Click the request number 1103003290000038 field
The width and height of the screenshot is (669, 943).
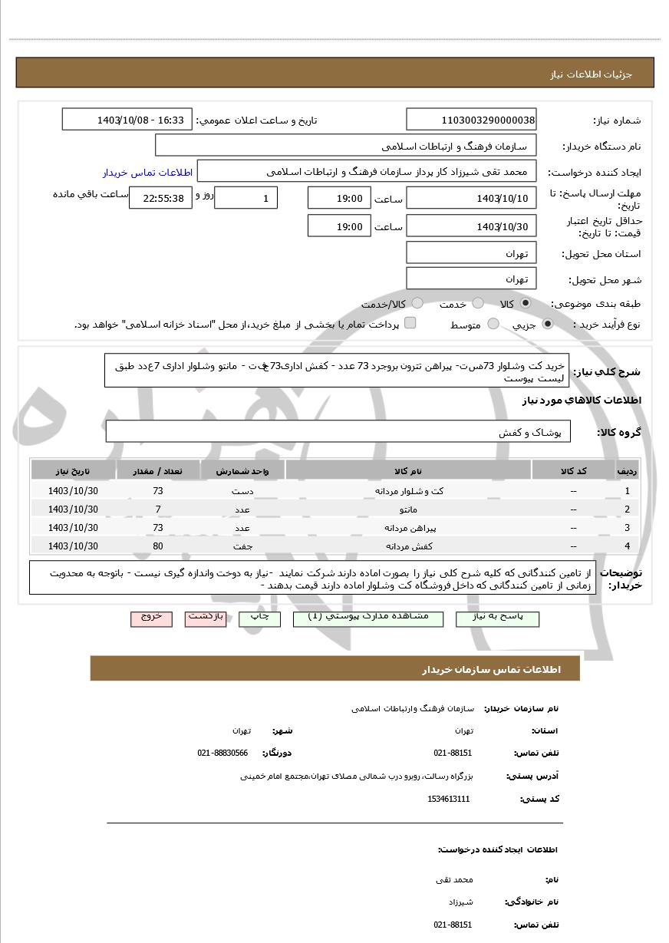pyautogui.click(x=471, y=120)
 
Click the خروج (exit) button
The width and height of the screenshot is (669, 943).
pyautogui.click(x=151, y=618)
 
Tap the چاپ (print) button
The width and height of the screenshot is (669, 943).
pyautogui.click(x=260, y=618)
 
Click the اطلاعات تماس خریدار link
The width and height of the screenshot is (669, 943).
pyautogui.click(x=147, y=173)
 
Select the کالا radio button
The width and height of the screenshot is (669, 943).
pyautogui.click(x=525, y=304)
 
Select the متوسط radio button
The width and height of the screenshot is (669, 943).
pyautogui.click(x=493, y=325)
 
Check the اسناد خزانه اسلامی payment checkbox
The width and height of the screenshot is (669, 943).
pyautogui.click(x=410, y=323)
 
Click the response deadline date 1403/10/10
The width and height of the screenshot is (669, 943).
pyautogui.click(x=471, y=199)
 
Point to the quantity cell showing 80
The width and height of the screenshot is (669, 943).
pyautogui.click(x=158, y=546)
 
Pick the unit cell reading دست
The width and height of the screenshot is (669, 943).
pyautogui.click(x=242, y=491)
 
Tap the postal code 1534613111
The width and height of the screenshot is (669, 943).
pyautogui.click(x=449, y=799)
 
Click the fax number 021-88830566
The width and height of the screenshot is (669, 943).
pyautogui.click(x=222, y=753)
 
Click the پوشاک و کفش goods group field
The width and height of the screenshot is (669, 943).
pyautogui.click(x=338, y=432)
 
